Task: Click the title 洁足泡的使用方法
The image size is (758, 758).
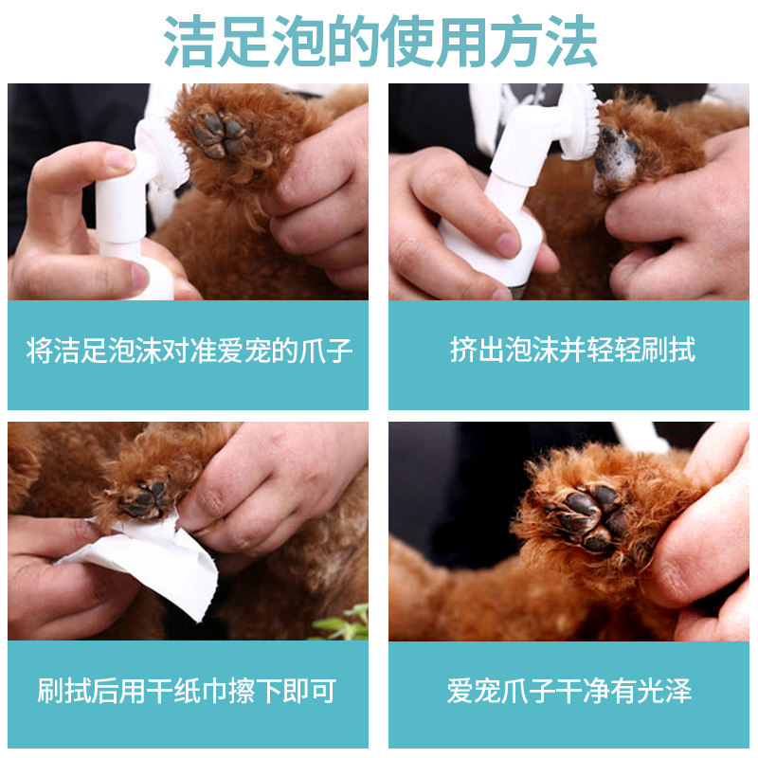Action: tap(380, 42)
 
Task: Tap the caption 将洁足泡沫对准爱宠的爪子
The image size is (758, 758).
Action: tap(189, 351)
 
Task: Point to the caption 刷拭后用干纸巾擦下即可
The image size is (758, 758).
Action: tap(187, 691)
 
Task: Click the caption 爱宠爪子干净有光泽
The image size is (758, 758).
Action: tap(569, 691)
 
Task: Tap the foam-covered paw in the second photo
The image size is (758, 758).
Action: tap(617, 159)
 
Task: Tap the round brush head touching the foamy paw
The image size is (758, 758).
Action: tap(579, 122)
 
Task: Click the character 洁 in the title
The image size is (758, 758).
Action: tap(189, 42)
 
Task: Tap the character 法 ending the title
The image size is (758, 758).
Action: tap(571, 42)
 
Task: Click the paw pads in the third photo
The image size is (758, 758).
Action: tap(144, 500)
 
